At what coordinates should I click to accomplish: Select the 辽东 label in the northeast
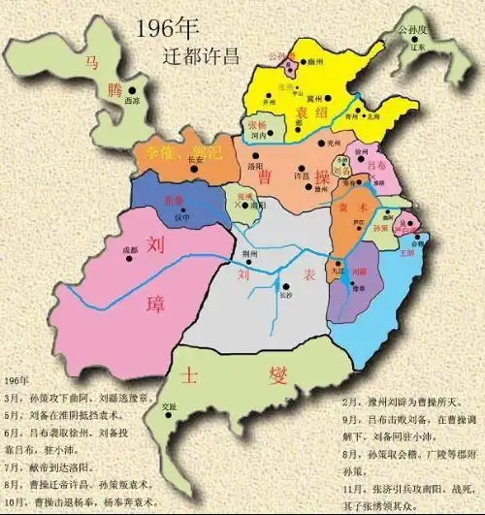[417, 46]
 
